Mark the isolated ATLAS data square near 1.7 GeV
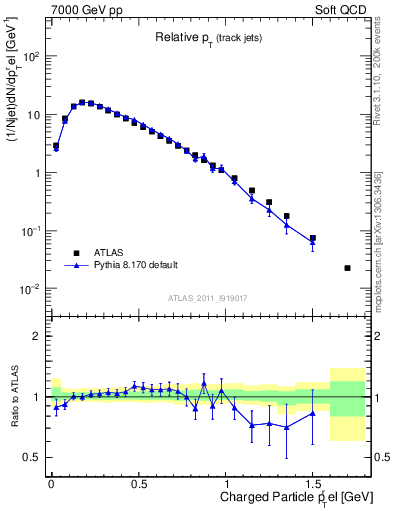[347, 268]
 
